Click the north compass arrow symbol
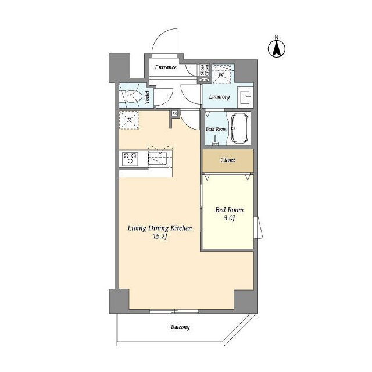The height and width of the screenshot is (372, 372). point(277,49)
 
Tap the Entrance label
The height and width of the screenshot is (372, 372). point(166,67)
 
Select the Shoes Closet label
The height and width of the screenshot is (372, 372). point(205,70)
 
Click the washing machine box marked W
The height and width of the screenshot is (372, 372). point(221,74)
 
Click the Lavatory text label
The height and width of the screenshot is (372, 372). point(219,97)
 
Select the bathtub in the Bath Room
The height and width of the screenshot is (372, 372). point(239,128)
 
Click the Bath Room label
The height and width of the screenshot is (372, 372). point(216,129)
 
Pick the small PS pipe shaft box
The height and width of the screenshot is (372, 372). point(174,114)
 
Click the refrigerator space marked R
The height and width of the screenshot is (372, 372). point(129,120)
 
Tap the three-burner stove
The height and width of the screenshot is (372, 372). point(130,159)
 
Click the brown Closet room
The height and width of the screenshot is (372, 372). point(228,160)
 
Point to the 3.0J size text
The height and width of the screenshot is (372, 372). point(229,218)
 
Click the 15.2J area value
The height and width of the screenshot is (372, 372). point(160,237)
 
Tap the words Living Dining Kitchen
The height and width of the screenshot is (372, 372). point(160,228)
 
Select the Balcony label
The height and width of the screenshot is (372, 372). point(180,327)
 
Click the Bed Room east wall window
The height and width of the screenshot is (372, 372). point(258,227)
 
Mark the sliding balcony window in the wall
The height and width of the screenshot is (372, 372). point(174,312)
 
